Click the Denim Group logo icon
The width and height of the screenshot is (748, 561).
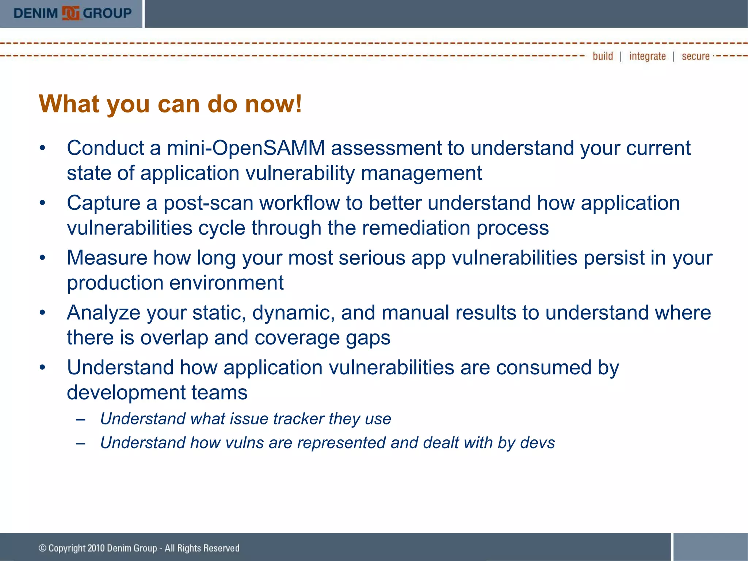tap(70, 13)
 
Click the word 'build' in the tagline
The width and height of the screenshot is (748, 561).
tap(603, 56)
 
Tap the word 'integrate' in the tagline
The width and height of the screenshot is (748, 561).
tap(647, 56)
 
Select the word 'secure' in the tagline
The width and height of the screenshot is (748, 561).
tap(695, 56)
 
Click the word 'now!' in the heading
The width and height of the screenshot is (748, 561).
tap(273, 104)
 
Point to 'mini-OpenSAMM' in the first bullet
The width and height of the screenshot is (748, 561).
tap(246, 148)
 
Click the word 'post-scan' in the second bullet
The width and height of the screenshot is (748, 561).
tap(208, 203)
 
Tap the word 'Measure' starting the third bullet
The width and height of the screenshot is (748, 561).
tap(107, 258)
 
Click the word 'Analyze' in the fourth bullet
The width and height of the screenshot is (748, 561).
tap(104, 313)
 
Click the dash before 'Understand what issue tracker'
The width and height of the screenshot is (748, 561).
tap(81, 420)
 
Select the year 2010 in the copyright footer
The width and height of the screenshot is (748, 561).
tap(96, 548)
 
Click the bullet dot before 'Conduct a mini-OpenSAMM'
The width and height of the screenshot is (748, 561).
tap(43, 149)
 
